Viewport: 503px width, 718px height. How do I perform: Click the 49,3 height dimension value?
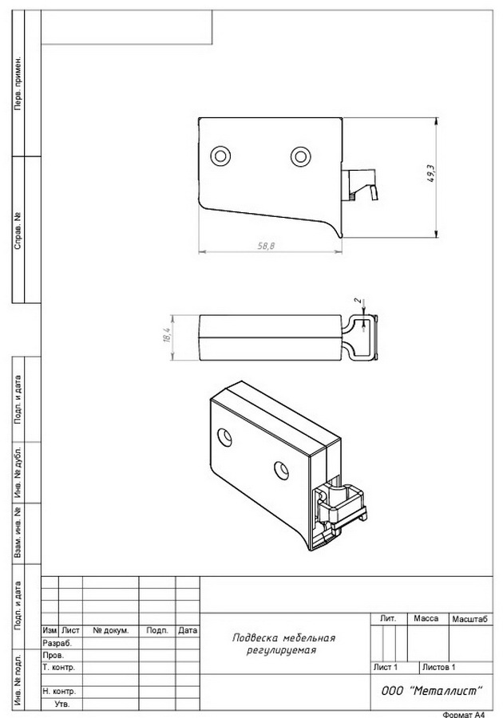point(431,175)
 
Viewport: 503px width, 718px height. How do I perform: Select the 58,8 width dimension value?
point(266,246)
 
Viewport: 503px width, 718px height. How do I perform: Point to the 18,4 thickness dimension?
point(167,335)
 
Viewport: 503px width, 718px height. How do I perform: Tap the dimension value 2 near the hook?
point(358,302)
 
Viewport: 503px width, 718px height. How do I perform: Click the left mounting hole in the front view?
point(220,156)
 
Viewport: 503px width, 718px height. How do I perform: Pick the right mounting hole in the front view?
point(300,156)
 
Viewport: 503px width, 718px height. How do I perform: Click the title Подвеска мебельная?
point(283,638)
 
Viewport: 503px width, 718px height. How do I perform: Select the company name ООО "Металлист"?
point(431,691)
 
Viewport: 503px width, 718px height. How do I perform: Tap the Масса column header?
point(426,618)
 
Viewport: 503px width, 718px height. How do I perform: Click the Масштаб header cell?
point(469,619)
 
